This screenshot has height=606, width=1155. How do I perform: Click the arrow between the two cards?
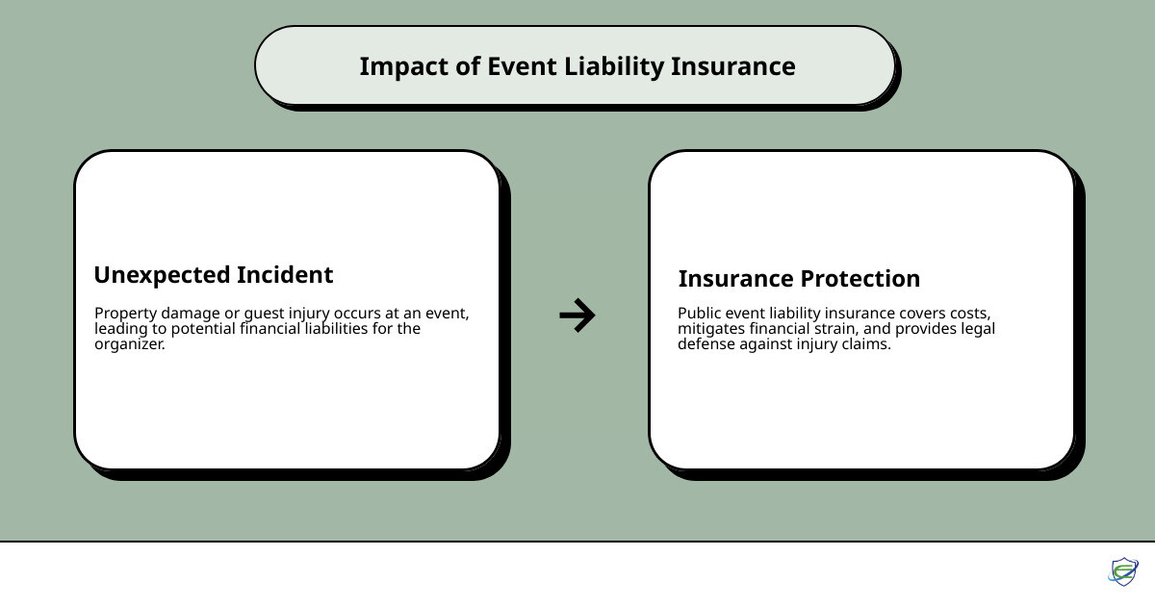(x=577, y=316)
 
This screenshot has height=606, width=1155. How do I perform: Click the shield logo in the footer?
(x=1122, y=571)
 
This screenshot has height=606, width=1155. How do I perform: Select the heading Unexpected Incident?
(x=213, y=275)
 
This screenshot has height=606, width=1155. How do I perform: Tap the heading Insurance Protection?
(x=799, y=279)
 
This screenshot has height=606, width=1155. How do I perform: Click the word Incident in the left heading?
(x=287, y=275)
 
